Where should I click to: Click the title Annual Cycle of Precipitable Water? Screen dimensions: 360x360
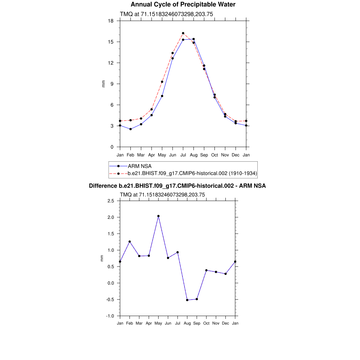[x=183, y=5]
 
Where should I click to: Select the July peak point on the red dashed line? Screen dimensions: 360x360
[x=183, y=33]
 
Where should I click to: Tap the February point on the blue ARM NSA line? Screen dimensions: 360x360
[x=130, y=129]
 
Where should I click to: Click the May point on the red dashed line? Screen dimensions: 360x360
[x=162, y=82]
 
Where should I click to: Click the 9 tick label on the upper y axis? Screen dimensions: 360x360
[x=112, y=84]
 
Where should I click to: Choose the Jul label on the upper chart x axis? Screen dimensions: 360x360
[x=183, y=155]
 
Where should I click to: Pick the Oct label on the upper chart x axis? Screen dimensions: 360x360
[x=214, y=155]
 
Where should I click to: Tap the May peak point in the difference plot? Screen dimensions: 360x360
[x=159, y=216]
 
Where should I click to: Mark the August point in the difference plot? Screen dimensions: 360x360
[x=187, y=300]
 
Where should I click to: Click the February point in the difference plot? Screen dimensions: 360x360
[x=130, y=242]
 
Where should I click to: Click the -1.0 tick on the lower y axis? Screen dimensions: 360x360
[x=110, y=316]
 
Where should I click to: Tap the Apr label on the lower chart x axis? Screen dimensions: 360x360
[x=149, y=323]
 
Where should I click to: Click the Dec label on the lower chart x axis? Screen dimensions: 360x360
[x=225, y=323]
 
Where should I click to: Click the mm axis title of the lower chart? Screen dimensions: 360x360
[x=102, y=258]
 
